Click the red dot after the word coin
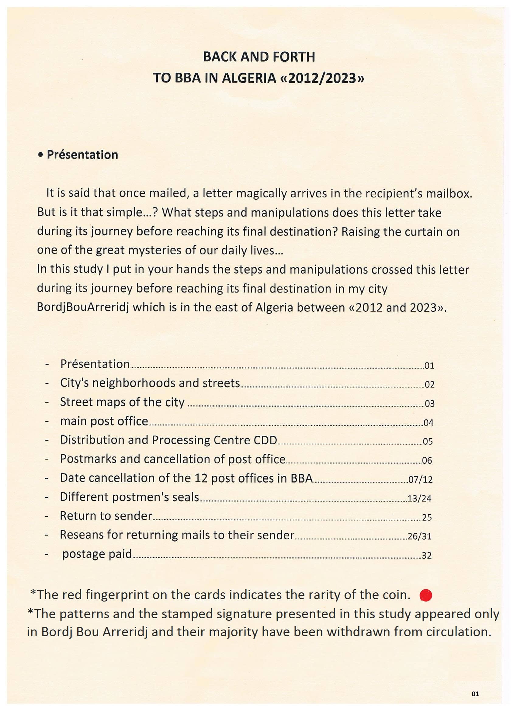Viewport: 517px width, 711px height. tap(426, 595)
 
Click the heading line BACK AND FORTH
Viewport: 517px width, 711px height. tap(259, 57)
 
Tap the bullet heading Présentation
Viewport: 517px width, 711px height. tap(82, 155)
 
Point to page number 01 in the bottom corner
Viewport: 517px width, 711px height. tap(475, 694)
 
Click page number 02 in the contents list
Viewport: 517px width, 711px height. tap(429, 385)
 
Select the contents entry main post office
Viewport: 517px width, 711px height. tap(104, 421)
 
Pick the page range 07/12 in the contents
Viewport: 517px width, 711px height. tap(420, 480)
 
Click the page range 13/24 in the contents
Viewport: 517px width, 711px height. tap(419, 498)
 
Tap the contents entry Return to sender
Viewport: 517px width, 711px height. tap(106, 516)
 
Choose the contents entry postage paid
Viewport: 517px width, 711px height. tap(97, 554)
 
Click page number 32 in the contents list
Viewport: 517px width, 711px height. tap(426, 556)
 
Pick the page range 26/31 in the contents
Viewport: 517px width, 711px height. tap(419, 536)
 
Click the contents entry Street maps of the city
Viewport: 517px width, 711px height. tap(122, 402)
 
